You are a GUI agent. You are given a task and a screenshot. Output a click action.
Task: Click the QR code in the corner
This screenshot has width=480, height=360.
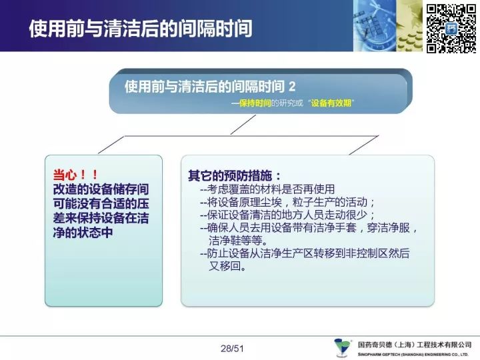[x=451, y=29]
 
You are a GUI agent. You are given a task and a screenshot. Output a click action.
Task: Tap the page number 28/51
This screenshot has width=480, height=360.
[x=232, y=349]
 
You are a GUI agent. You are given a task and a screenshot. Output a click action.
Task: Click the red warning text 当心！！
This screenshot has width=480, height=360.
[x=75, y=175]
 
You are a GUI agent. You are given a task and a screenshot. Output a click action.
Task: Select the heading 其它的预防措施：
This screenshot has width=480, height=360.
[x=235, y=176]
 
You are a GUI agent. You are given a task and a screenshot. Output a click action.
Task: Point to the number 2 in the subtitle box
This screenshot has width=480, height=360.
[x=292, y=87]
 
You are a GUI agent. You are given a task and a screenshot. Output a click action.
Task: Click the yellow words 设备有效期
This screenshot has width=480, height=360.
[x=331, y=103]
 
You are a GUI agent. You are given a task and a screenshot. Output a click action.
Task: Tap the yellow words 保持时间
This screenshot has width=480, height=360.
[x=255, y=103]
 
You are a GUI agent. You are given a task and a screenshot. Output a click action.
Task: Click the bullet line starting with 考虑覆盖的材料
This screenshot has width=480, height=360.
[x=267, y=189]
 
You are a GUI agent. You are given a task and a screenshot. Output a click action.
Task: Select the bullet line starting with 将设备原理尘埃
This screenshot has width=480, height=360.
[x=287, y=202]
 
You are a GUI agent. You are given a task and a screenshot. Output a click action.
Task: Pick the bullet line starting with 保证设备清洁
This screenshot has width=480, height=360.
[x=287, y=215]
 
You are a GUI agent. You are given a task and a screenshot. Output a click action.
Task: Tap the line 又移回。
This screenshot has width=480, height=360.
[x=228, y=266]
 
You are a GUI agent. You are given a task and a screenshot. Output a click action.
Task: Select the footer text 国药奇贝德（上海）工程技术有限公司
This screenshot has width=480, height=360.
[x=415, y=345]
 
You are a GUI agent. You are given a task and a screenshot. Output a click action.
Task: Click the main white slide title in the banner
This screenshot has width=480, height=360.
[x=141, y=29]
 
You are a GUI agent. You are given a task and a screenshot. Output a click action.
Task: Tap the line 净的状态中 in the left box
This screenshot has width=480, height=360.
[x=83, y=233]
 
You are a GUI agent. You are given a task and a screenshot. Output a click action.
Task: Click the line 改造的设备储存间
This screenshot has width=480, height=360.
[x=101, y=189]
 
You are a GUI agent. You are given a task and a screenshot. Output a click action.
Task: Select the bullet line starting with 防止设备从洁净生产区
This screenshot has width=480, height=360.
[x=305, y=253]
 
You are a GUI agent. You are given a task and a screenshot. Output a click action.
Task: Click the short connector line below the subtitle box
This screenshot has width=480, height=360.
[x=243, y=125]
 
